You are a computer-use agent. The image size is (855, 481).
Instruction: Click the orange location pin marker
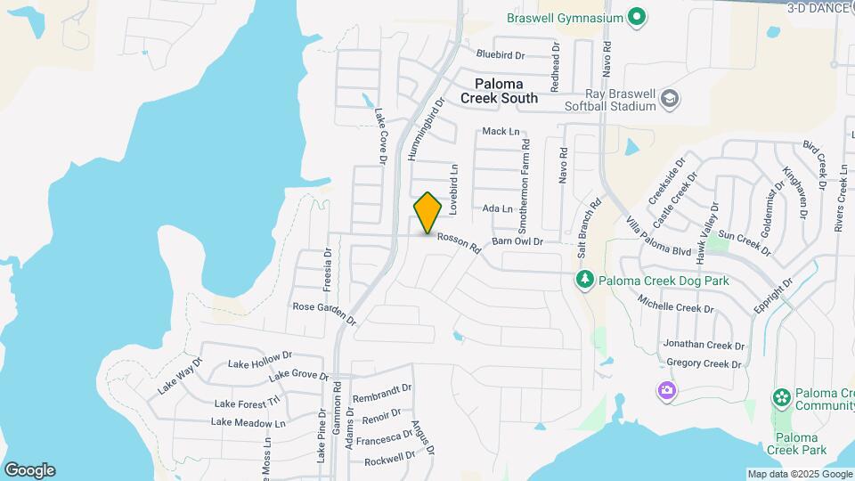[427, 212]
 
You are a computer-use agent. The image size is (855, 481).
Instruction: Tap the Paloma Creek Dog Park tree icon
[583, 281]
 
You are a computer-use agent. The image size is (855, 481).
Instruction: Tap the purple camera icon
[665, 390]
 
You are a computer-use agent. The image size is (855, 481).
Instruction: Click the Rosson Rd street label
[459, 241]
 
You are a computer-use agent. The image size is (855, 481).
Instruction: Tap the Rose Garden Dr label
[324, 313]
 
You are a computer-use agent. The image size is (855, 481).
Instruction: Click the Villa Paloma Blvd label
[659, 237]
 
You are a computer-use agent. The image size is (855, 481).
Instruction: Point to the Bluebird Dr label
[501, 53]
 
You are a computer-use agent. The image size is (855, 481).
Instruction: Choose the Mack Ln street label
[500, 132]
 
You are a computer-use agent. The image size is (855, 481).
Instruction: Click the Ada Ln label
[497, 209]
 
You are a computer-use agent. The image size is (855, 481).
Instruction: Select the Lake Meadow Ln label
[248, 422]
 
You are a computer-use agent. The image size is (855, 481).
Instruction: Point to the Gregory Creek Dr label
[704, 363]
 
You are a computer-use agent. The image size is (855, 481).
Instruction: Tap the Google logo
[29, 470]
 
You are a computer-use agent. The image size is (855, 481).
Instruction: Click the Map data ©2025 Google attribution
[799, 474]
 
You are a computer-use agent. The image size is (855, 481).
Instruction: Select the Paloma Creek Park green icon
[782, 396]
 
